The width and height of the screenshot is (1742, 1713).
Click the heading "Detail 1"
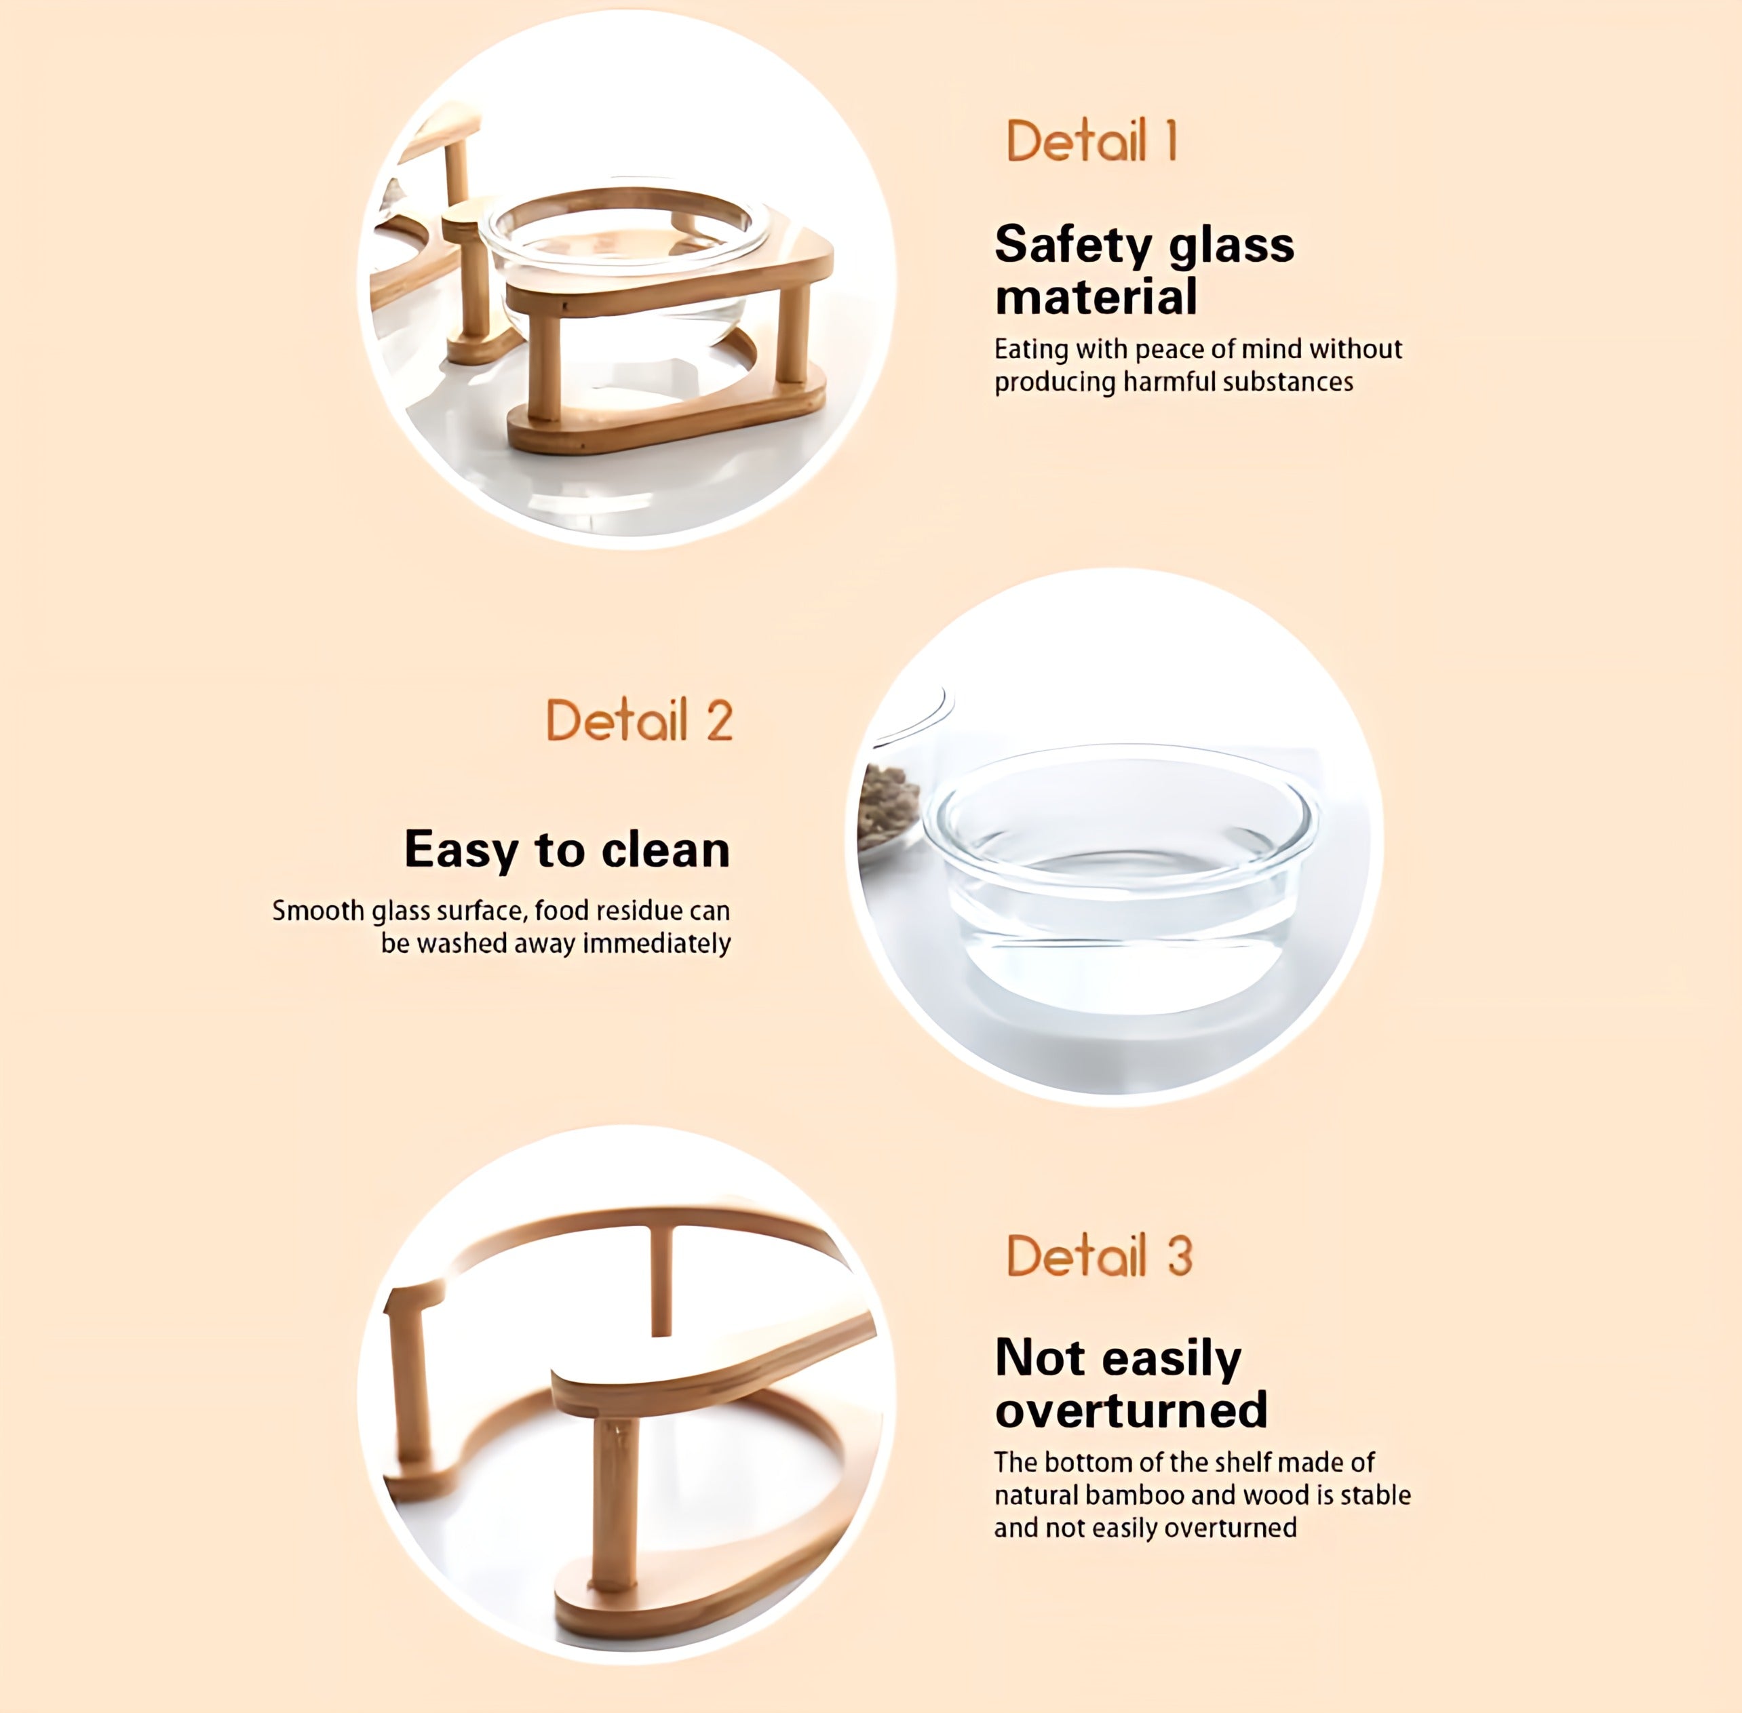click(x=1091, y=140)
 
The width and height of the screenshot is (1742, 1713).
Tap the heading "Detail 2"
click(x=640, y=720)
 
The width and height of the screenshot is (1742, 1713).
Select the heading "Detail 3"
click(x=1100, y=1255)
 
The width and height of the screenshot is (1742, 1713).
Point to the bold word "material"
click(x=1096, y=297)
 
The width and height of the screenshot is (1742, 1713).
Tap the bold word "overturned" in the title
click(x=1131, y=1410)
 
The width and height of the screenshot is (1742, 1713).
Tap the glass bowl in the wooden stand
click(x=625, y=261)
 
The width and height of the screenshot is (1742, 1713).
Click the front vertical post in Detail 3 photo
click(x=617, y=1501)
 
